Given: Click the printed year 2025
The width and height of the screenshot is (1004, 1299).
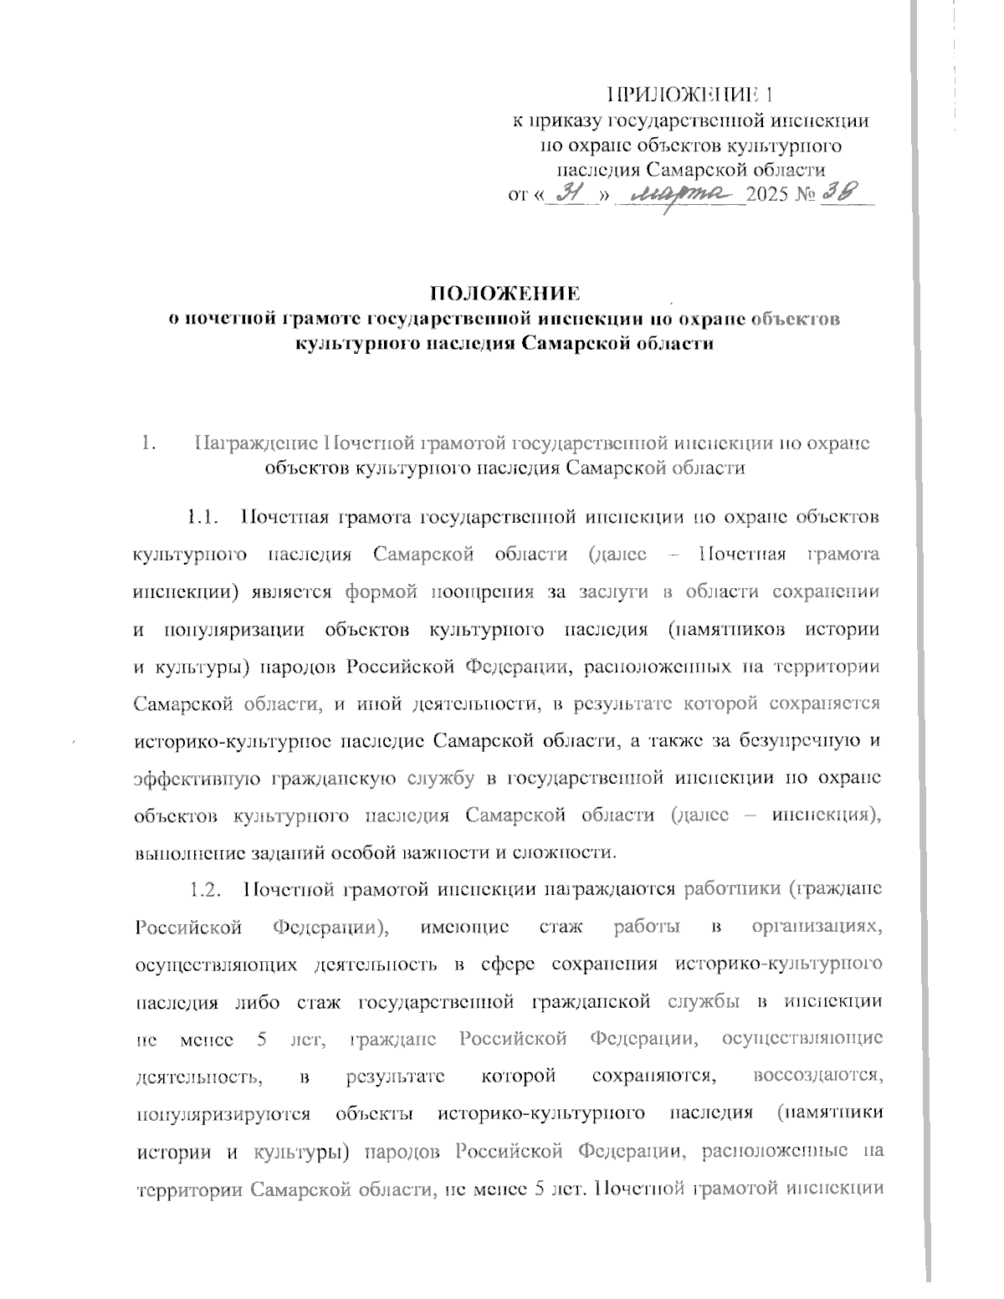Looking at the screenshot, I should pos(771,197).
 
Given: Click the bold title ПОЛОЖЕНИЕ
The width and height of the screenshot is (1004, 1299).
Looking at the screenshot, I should pos(504,294).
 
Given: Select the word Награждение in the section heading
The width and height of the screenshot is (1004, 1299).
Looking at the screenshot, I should pos(256,443).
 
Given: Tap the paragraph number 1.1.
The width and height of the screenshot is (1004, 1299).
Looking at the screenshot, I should pos(202,516).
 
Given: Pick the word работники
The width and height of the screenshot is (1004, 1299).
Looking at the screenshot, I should pos(731,888).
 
